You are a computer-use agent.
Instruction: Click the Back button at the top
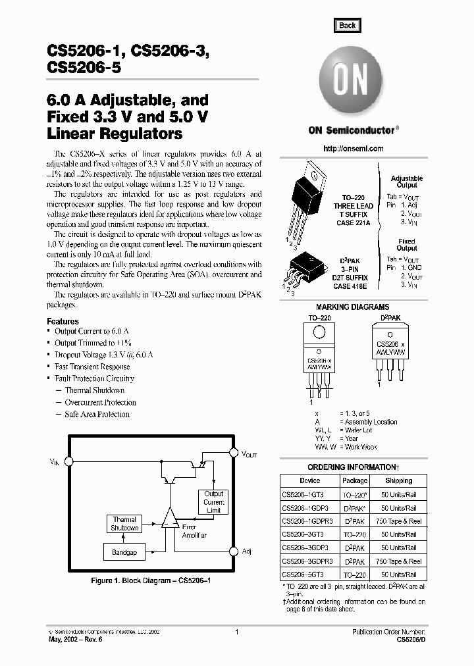347,26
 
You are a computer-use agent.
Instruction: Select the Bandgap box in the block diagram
124,552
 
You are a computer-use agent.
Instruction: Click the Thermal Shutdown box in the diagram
124,524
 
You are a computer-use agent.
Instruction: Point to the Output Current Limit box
213,502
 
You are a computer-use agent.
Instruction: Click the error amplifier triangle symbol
170,518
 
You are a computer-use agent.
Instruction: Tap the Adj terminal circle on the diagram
232,551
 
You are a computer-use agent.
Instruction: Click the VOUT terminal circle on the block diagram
232,453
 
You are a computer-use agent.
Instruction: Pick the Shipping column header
399,481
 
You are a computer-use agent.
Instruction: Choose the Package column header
355,481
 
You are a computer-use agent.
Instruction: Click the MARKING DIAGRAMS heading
352,307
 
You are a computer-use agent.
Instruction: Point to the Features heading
63,321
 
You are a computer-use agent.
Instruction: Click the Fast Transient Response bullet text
92,367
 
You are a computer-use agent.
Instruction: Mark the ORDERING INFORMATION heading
353,467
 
